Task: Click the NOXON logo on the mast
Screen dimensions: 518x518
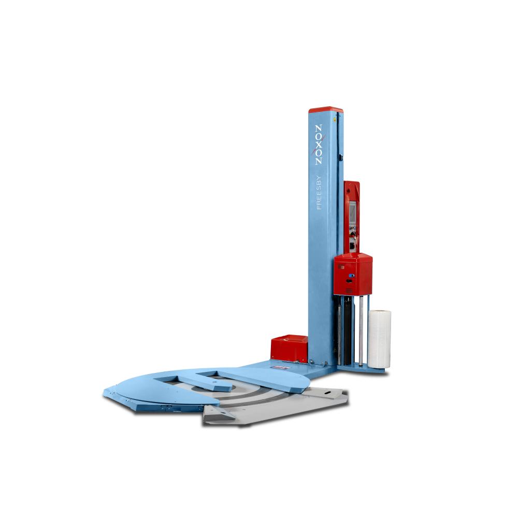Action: click(x=319, y=145)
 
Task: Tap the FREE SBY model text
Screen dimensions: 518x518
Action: click(x=319, y=193)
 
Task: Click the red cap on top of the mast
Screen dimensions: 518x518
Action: click(x=326, y=110)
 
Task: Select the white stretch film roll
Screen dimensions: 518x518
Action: click(x=380, y=339)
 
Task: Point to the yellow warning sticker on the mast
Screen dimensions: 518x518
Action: click(x=335, y=119)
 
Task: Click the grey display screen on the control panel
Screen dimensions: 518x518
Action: click(x=352, y=211)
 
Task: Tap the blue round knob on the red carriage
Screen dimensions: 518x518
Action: click(x=351, y=275)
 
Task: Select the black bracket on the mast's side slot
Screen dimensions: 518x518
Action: click(x=341, y=157)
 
